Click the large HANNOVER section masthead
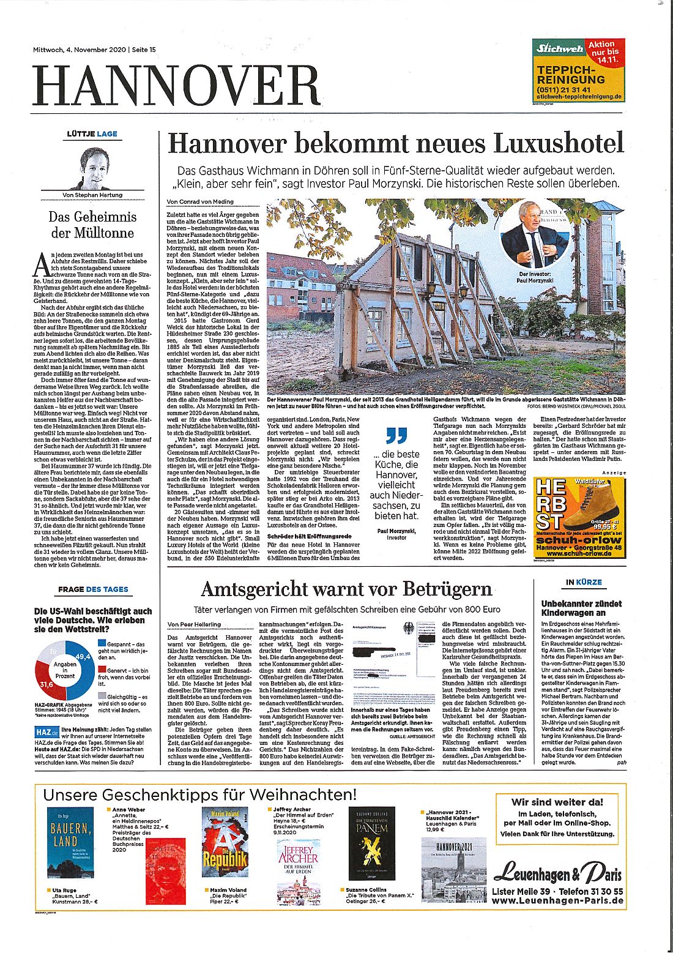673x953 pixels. click(177, 85)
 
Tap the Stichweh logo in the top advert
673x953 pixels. click(559, 48)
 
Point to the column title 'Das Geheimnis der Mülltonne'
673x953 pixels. click(92, 225)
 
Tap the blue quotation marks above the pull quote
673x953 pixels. click(396, 436)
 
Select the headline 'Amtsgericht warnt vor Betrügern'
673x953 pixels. click(346, 589)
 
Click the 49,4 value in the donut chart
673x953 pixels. click(83, 657)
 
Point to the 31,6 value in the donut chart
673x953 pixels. click(46, 684)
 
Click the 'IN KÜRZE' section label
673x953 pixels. click(584, 582)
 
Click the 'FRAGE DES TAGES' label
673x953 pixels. click(93, 589)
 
